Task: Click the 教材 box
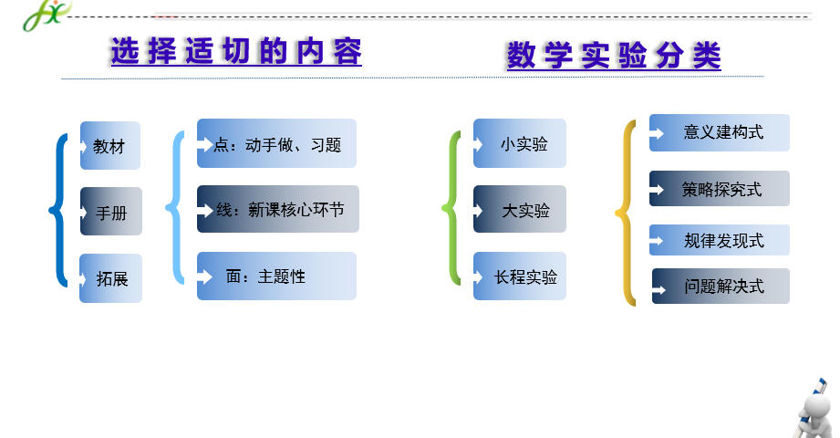pos(110,145)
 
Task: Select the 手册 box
pos(111,211)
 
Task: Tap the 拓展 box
pos(110,278)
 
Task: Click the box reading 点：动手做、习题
pos(276,143)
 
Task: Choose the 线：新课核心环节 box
pos(278,209)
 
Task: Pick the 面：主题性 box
pos(276,276)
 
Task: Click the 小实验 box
pos(520,143)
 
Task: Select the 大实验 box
pos(520,209)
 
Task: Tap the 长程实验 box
pos(520,276)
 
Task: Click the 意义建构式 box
pos(720,132)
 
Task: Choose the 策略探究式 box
pos(720,188)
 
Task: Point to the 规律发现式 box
pos(720,240)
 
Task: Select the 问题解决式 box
pos(721,286)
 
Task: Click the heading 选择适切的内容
pos(236,52)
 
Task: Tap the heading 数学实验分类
pos(614,56)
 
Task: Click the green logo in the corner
pos(47,16)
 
